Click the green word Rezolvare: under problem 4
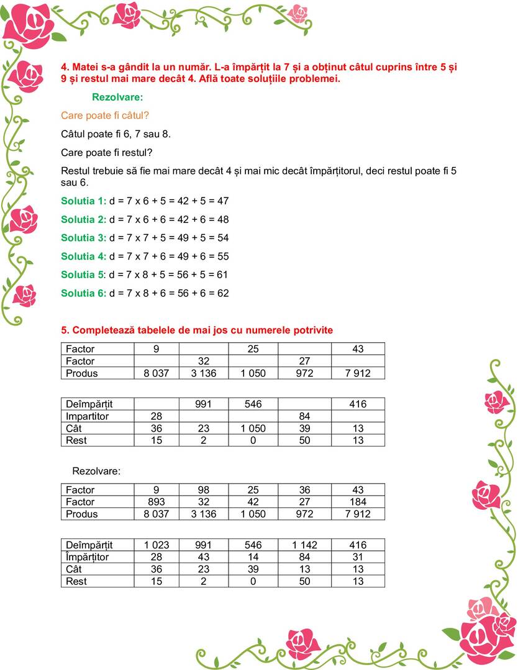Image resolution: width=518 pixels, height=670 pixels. point(117,97)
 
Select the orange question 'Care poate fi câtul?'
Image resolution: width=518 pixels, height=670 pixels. point(105,115)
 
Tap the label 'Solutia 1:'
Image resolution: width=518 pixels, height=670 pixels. point(84,201)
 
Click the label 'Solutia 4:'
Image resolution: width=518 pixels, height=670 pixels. point(84,256)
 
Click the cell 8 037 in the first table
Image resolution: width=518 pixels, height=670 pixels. point(157,373)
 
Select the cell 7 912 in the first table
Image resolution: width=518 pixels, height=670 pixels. point(358,373)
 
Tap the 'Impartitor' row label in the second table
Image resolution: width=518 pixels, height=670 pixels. point(87,416)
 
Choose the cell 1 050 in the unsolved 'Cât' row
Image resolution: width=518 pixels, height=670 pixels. point(253,428)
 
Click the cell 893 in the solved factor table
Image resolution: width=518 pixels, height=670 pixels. point(157,502)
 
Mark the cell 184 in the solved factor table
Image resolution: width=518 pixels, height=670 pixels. point(358,502)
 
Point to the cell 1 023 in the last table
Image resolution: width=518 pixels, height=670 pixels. point(157,545)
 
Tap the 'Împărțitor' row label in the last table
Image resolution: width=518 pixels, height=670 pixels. point(88,557)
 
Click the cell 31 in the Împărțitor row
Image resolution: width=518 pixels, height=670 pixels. point(358,557)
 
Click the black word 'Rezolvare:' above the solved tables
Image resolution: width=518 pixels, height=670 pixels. point(96,471)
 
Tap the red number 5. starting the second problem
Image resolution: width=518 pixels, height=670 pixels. point(65,330)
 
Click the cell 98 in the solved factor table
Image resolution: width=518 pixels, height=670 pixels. point(204,490)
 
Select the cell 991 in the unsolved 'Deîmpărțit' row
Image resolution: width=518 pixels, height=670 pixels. point(204,404)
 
